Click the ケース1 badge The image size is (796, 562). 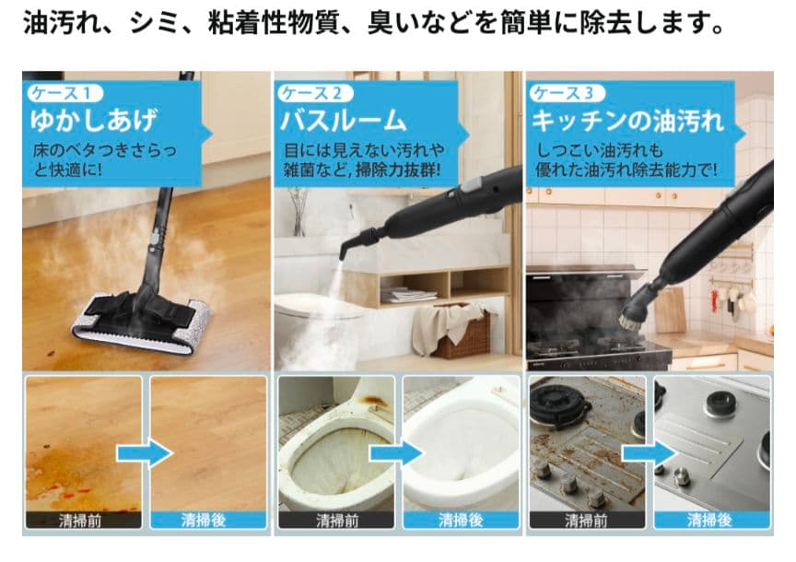63,93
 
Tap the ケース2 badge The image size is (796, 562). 314,93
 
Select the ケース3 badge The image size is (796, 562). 567,93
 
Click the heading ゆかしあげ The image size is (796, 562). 95,120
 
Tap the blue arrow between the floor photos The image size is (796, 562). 145,452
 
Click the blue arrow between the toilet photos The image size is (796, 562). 396,452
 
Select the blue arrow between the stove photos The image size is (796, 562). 649,452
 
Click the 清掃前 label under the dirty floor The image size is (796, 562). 84,520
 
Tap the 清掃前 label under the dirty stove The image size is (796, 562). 586,520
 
